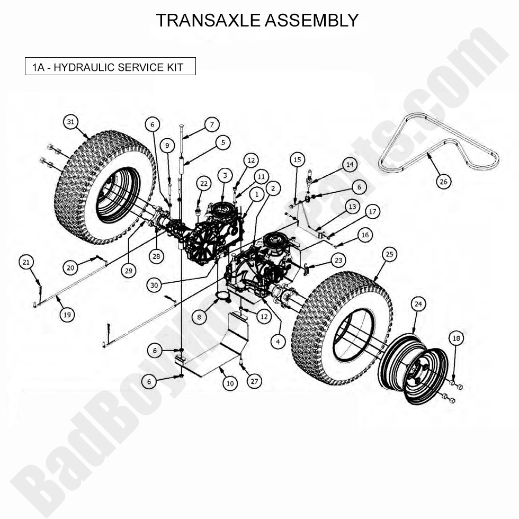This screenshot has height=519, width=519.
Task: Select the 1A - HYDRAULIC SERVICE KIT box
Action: [110, 67]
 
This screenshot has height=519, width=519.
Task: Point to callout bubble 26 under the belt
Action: [444, 181]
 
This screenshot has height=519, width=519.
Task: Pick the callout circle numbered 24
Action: [418, 304]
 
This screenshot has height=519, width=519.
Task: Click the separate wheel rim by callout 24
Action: [413, 369]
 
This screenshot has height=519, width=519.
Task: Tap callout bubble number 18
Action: [457, 338]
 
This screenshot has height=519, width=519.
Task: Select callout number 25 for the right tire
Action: [389, 255]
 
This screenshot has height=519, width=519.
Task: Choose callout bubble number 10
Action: [229, 383]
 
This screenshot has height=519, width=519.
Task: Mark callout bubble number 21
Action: [27, 262]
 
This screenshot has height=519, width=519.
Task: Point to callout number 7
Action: [211, 125]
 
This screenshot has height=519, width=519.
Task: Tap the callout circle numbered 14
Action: [349, 165]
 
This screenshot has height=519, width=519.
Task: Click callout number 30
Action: [154, 284]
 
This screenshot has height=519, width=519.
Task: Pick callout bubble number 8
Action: [199, 317]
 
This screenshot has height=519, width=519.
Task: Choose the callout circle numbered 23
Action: [338, 260]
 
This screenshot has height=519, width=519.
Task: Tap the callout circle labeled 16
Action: [364, 235]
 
